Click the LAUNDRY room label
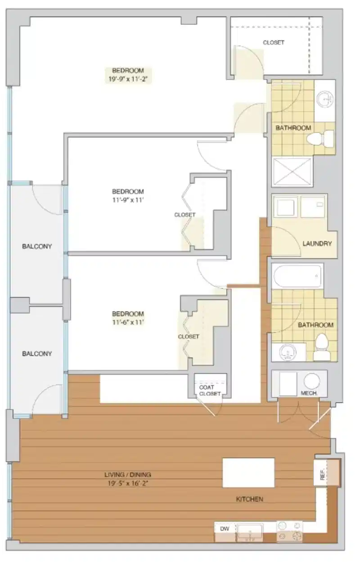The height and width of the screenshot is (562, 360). tap(317, 244)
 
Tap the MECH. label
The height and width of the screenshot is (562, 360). tap(308, 393)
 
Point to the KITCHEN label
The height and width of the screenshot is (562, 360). tap(249, 499)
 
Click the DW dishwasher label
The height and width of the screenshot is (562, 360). tap(225, 529)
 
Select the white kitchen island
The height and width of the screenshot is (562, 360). tap(248, 472)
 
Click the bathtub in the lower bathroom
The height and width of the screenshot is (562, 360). tap(297, 276)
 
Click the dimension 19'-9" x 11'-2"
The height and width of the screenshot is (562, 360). tap(127, 79)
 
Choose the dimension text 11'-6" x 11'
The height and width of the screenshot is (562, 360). tap(128, 322)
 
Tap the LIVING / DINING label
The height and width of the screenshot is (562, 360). tap(128, 474)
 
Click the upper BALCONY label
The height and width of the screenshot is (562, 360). tap(37, 246)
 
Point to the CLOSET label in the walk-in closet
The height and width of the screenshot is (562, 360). tap(274, 43)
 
